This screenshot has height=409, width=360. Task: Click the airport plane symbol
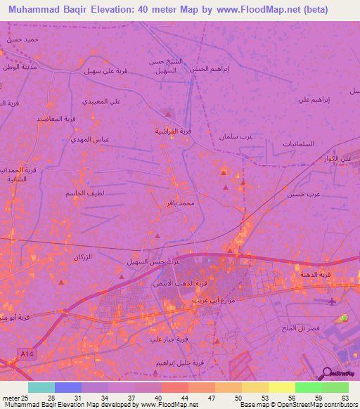333,301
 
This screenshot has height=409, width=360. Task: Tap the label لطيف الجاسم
85,193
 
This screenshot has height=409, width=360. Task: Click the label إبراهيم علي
314,99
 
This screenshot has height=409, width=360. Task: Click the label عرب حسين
303,193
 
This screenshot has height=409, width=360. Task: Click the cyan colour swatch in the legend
41,387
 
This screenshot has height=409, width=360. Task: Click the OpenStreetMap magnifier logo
326,373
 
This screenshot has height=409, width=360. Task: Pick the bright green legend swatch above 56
308,387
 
